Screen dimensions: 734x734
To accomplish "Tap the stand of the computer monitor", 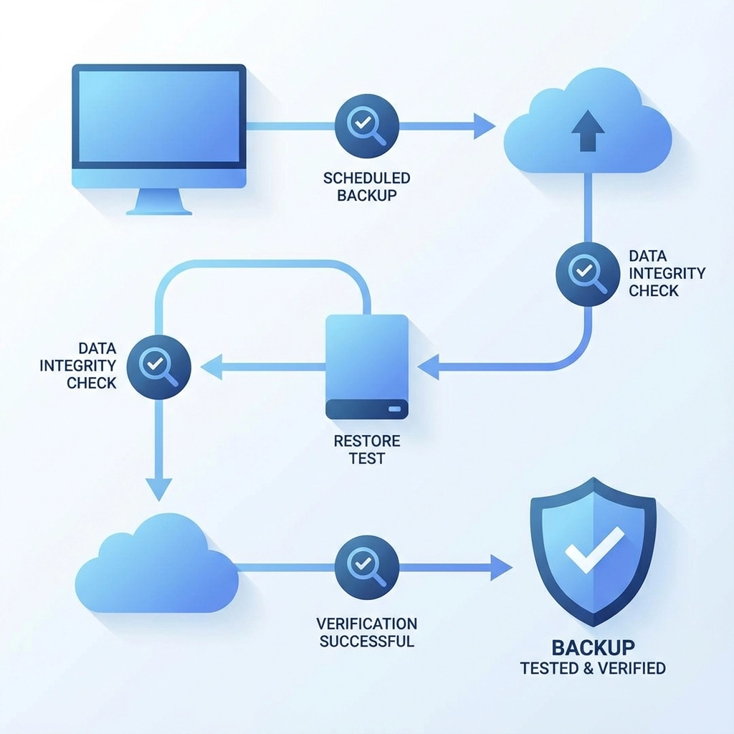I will pyautogui.click(x=159, y=200).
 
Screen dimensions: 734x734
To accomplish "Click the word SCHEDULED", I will pyautogui.click(x=366, y=178).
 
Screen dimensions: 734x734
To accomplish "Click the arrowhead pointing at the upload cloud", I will pyautogui.click(x=485, y=126).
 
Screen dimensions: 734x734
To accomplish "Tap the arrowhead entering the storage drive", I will pyautogui.click(x=428, y=367).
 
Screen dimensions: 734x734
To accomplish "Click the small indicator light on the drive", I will pyautogui.click(x=396, y=410).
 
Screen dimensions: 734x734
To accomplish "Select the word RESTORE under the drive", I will pyautogui.click(x=367, y=441).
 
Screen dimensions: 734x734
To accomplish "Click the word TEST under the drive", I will pyautogui.click(x=367, y=459).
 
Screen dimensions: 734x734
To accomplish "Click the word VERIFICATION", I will pyautogui.click(x=367, y=624).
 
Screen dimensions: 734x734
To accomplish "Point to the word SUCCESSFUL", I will pyautogui.click(x=367, y=641).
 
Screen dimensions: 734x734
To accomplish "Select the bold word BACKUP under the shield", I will pyautogui.click(x=593, y=647).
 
